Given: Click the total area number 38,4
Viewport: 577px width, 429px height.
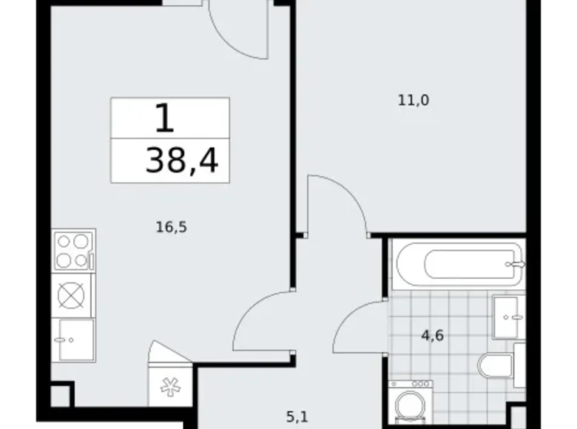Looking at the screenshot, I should (182, 160).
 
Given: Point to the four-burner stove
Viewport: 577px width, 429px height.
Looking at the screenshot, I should (73, 250).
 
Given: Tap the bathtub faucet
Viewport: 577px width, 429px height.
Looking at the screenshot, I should (516, 263).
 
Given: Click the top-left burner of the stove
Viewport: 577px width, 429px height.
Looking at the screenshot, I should (64, 241).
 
